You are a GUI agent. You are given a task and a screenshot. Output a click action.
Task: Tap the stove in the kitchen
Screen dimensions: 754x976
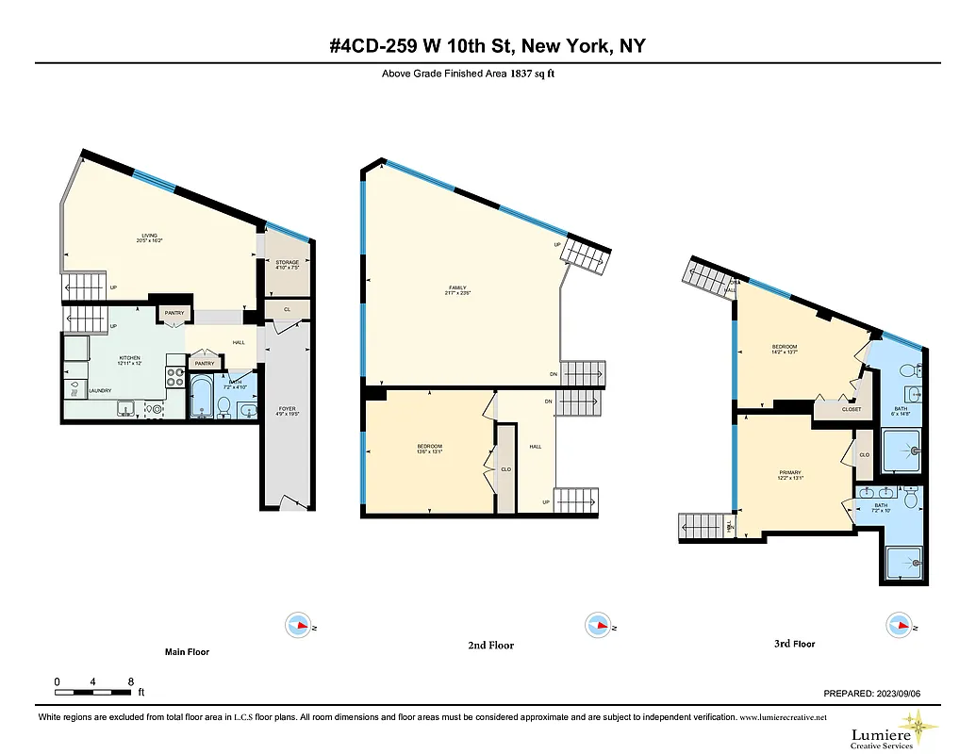click(176, 377)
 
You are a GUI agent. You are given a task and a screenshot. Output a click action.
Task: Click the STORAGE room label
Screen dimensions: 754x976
click(287, 262)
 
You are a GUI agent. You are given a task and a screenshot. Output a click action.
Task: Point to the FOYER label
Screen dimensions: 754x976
click(287, 409)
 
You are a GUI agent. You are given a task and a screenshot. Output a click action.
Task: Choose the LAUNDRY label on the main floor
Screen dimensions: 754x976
click(101, 391)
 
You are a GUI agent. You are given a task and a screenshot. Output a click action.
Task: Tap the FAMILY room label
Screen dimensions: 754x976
click(458, 287)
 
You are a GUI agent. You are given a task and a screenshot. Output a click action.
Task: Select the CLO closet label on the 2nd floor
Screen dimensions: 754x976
click(506, 469)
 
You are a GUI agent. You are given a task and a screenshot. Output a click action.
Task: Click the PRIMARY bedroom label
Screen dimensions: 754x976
click(790, 473)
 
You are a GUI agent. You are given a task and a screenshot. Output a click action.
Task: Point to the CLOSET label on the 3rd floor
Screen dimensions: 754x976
click(851, 409)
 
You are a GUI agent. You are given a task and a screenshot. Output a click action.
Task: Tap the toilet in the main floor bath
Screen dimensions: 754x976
click(224, 406)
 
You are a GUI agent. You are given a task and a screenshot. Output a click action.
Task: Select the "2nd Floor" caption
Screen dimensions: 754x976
click(491, 646)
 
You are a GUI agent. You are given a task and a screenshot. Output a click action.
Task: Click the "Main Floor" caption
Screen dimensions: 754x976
click(187, 652)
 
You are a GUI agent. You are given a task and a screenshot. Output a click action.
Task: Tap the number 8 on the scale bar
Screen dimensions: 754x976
click(130, 681)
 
